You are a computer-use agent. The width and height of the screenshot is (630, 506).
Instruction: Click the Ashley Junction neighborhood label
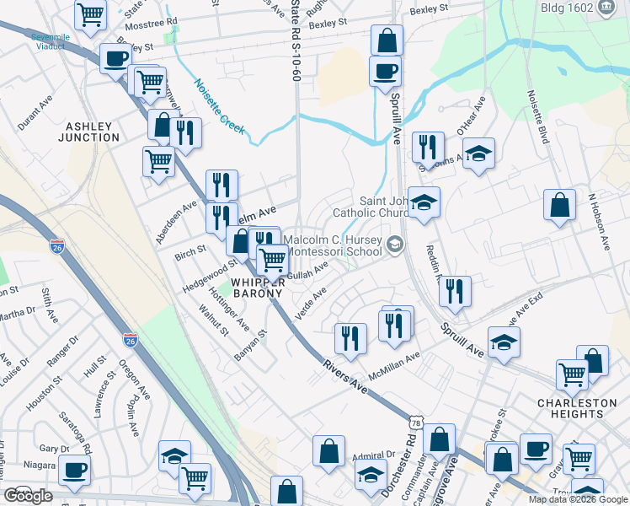click(87, 131)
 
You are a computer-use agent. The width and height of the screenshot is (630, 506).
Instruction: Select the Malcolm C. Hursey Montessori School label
click(334, 245)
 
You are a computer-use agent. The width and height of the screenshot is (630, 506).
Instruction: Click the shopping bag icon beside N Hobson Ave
click(559, 205)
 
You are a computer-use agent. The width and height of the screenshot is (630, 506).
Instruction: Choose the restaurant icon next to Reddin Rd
click(455, 291)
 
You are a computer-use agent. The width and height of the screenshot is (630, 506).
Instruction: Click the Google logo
click(29, 497)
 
